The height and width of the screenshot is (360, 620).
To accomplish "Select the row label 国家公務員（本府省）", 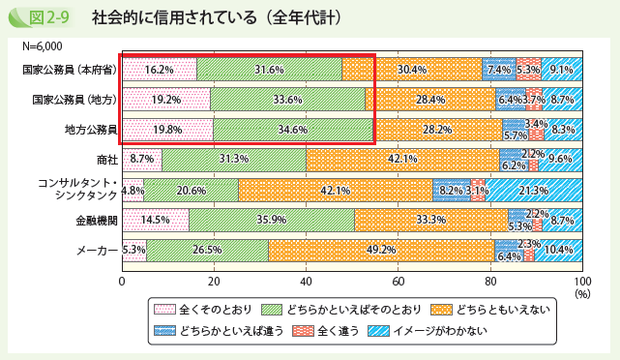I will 72,69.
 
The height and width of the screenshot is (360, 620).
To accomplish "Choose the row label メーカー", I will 97,251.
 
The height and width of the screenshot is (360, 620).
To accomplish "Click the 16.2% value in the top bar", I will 159,69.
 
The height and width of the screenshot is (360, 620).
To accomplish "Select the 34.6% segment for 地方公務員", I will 292,129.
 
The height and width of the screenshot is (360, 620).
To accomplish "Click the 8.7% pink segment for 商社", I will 141,160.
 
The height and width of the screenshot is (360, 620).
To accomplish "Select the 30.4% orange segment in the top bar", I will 411,69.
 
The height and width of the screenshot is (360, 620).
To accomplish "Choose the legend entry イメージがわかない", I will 428,331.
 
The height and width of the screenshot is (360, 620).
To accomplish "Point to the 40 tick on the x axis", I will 306,281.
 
